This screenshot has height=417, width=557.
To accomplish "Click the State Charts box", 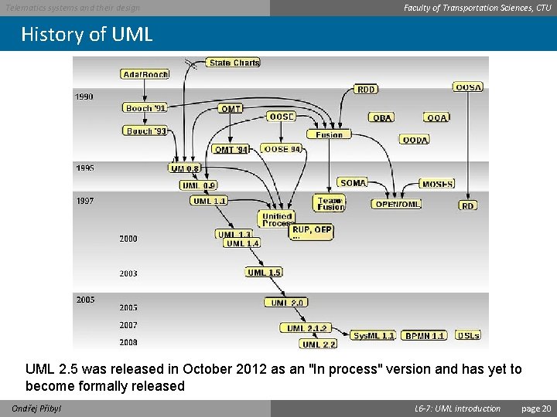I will (234, 63).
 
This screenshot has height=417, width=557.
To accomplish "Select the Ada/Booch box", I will (145, 74).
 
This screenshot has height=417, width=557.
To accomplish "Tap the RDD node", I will (366, 90).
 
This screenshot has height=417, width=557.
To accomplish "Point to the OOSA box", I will (468, 87).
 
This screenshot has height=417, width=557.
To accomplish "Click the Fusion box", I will (329, 134).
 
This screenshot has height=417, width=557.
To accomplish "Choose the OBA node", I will (382, 117).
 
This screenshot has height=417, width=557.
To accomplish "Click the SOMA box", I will (352, 183).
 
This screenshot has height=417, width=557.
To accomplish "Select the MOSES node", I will (437, 184).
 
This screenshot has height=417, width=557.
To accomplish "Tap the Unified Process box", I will (276, 219).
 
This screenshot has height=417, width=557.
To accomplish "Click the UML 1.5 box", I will (264, 273).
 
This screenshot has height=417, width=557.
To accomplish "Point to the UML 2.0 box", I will (287, 303).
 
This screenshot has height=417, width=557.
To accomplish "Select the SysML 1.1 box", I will (373, 336).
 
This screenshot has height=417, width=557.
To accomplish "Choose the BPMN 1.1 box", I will (425, 336).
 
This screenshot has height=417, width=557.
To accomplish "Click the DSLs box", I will (468, 336).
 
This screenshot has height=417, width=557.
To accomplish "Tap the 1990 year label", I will (84, 97).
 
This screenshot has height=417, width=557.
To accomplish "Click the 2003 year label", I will (128, 273).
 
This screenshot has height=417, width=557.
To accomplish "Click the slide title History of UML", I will (87, 35).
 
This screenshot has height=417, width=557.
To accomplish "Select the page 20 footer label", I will (536, 409).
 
